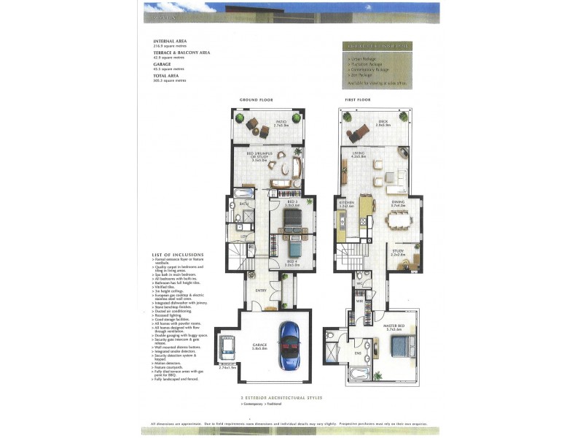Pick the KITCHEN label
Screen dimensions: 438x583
(346, 204)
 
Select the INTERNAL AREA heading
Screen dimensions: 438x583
(170, 42)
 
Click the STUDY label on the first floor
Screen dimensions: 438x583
(397, 251)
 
